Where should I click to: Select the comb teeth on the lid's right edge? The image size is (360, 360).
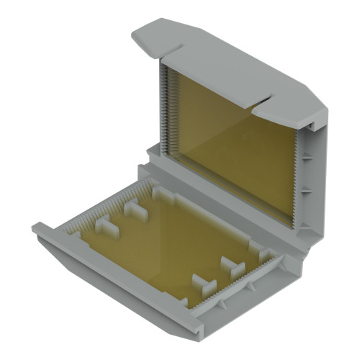click(x=297, y=180)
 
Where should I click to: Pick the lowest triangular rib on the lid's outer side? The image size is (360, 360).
click(x=304, y=229)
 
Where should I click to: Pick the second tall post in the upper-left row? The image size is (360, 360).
click(x=133, y=210)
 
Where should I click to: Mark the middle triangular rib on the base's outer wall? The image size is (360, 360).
click(x=252, y=288)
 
